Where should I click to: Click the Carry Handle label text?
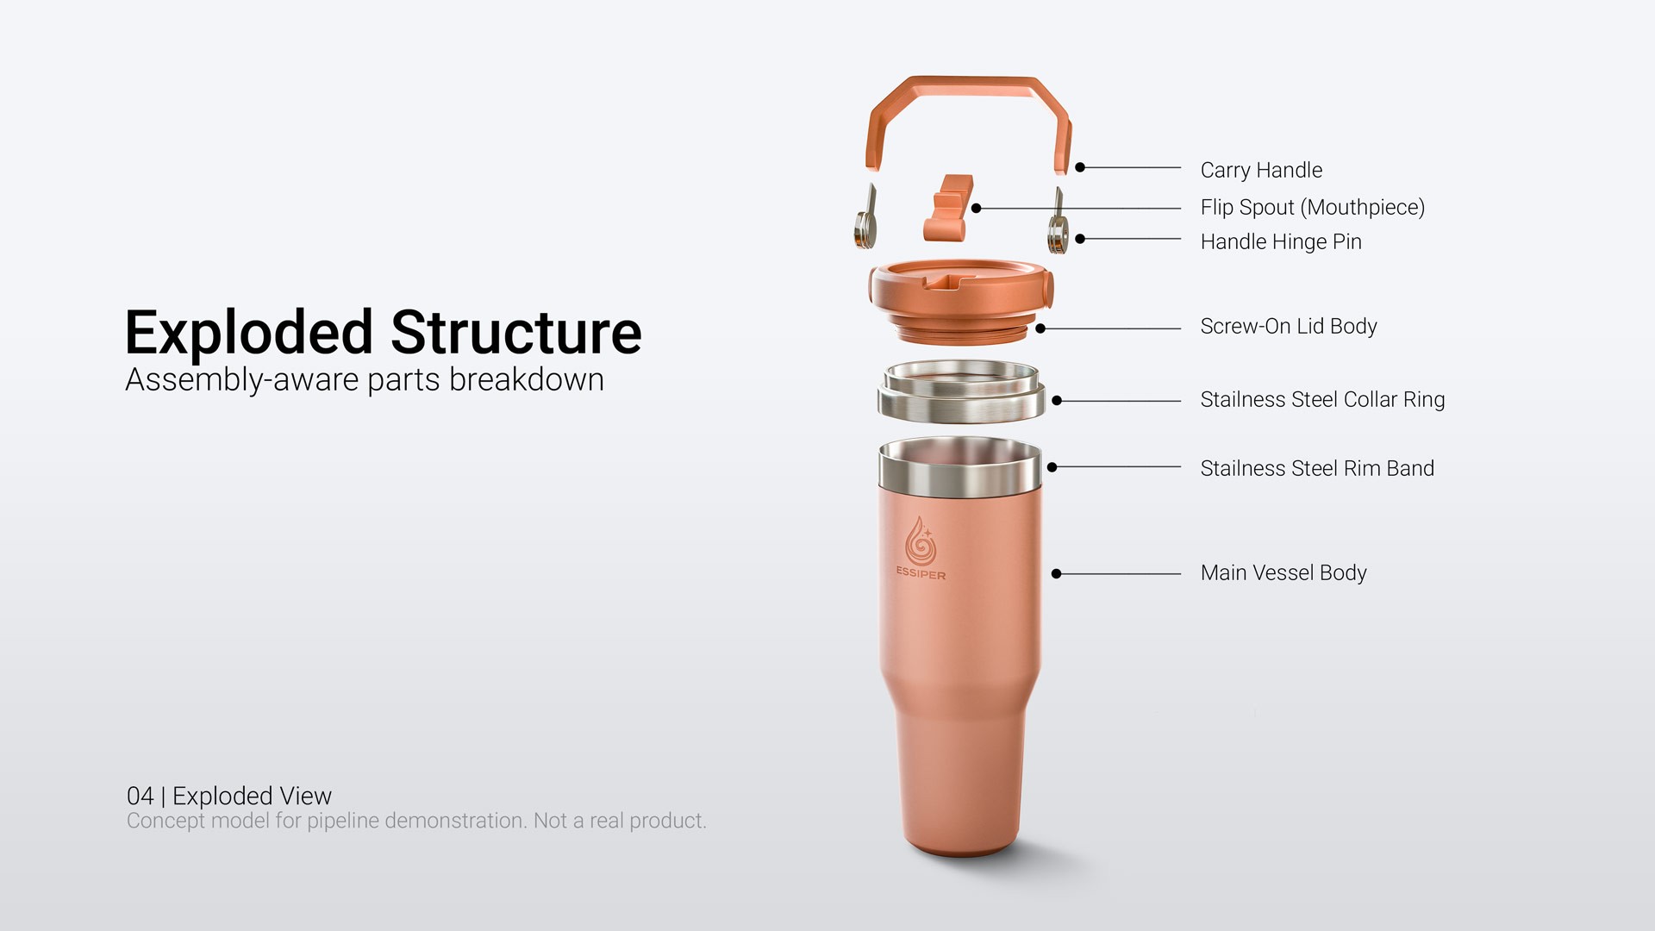pyautogui.click(x=1261, y=171)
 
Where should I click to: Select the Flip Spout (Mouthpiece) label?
pyautogui.click(x=1313, y=208)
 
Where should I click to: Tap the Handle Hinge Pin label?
pyautogui.click(x=1281, y=242)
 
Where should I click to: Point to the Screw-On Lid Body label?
pyautogui.click(x=1289, y=327)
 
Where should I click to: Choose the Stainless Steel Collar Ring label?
pyautogui.click(x=1322, y=400)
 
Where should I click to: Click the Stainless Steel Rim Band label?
pyautogui.click(x=1317, y=469)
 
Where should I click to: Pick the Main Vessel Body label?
pyautogui.click(x=1283, y=573)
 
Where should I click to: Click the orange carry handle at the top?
pyautogui.click(x=970, y=86)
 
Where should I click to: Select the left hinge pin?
pyautogui.click(x=865, y=220)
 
